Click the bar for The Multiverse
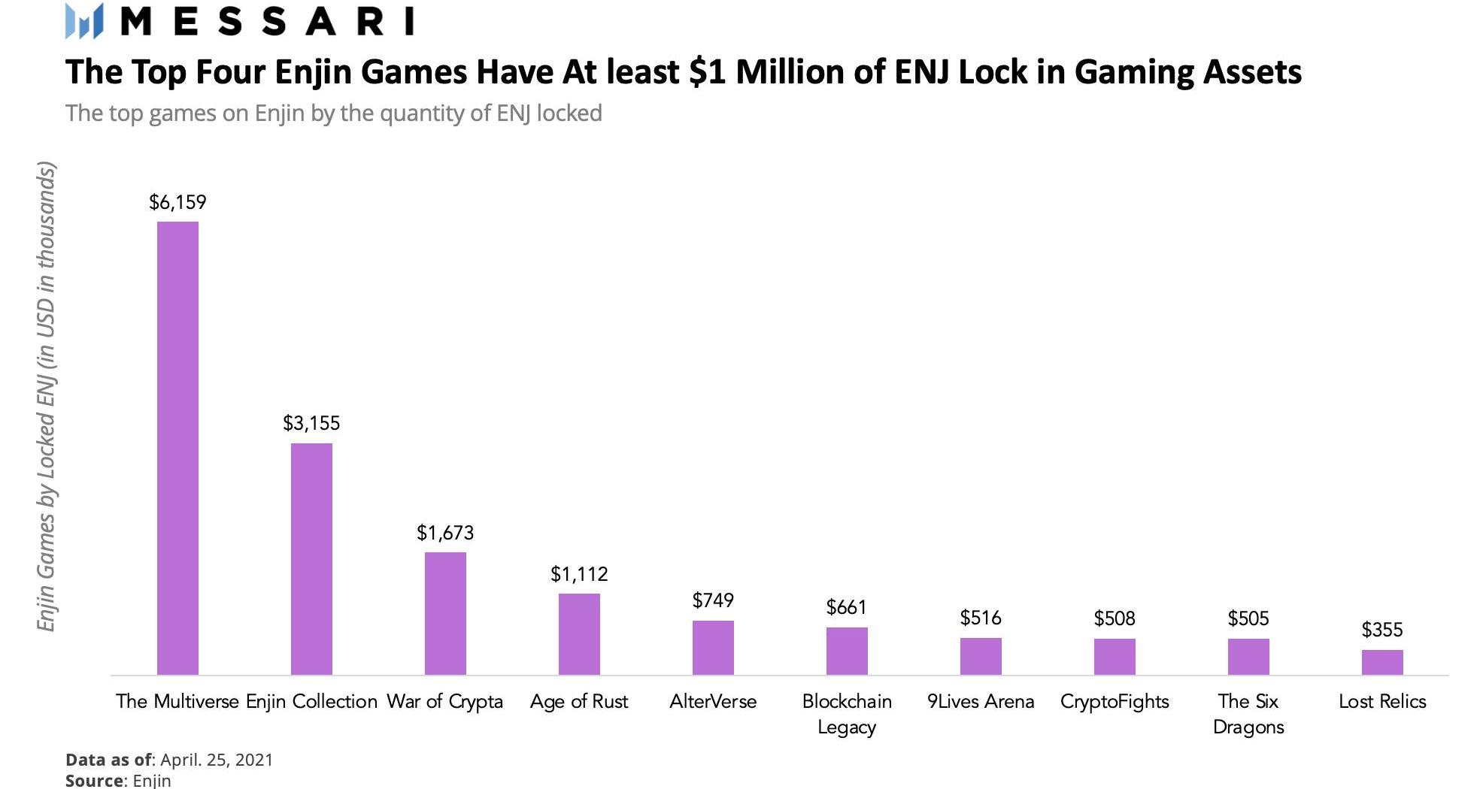[x=177, y=448]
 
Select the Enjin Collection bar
[x=311, y=558]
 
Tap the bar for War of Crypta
[x=445, y=613]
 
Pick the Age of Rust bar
[x=579, y=633]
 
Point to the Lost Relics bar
[x=1382, y=662]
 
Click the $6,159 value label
[x=177, y=202]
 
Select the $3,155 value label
[x=311, y=423]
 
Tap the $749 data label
[x=713, y=600]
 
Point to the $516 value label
[x=981, y=618]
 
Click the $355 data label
[x=1382, y=630]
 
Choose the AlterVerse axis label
[x=713, y=701]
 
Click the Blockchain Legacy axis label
[x=847, y=714]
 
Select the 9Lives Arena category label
[x=981, y=701]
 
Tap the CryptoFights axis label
[x=1115, y=701]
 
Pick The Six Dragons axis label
[x=1248, y=714]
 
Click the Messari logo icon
[x=84, y=21]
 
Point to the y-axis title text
[x=46, y=397]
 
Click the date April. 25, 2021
[x=217, y=760]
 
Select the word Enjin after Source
[x=152, y=781]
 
